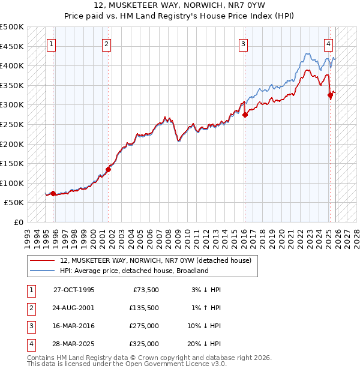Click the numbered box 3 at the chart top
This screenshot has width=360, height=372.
(x=243, y=43)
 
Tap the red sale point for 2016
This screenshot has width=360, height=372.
(x=245, y=115)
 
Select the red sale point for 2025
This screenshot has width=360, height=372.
(x=330, y=95)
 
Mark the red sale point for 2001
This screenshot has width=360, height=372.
(x=109, y=169)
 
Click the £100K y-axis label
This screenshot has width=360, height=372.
(x=12, y=183)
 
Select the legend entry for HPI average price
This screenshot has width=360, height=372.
(x=134, y=271)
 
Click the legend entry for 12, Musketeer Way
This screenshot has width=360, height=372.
(x=160, y=260)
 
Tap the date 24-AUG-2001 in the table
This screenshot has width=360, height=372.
(x=74, y=308)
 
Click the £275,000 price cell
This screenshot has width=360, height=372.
(x=144, y=326)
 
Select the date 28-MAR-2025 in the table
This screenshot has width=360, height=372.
(x=74, y=344)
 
